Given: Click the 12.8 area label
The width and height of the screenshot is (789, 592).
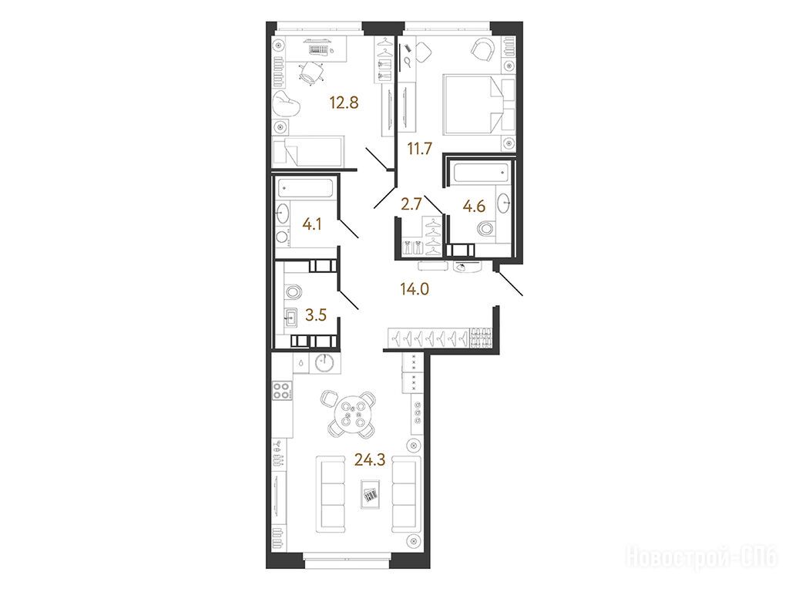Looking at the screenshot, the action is coord(344,103).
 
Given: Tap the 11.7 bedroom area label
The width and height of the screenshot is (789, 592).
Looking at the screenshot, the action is coord(420,149).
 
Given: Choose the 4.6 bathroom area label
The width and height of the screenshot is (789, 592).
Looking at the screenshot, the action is coord(474,207).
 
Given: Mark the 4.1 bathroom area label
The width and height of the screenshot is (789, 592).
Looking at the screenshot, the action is coord(312,224).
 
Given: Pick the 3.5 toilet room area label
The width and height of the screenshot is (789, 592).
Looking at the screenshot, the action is coord(316,315).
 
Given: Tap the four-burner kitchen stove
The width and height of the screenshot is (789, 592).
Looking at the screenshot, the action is coord(281,391).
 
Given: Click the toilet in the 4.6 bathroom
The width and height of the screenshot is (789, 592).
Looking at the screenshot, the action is coord(485,228).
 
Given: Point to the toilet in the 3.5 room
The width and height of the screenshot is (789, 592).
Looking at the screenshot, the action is coord(292,291).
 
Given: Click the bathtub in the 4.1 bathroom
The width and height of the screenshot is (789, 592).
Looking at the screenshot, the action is coord(305,189).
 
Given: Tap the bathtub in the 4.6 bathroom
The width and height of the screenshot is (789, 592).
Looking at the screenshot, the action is coord(482,173).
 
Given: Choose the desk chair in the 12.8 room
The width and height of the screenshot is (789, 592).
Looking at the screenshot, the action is coord(310,72).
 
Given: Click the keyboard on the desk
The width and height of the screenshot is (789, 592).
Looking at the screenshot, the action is coord(318,49).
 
